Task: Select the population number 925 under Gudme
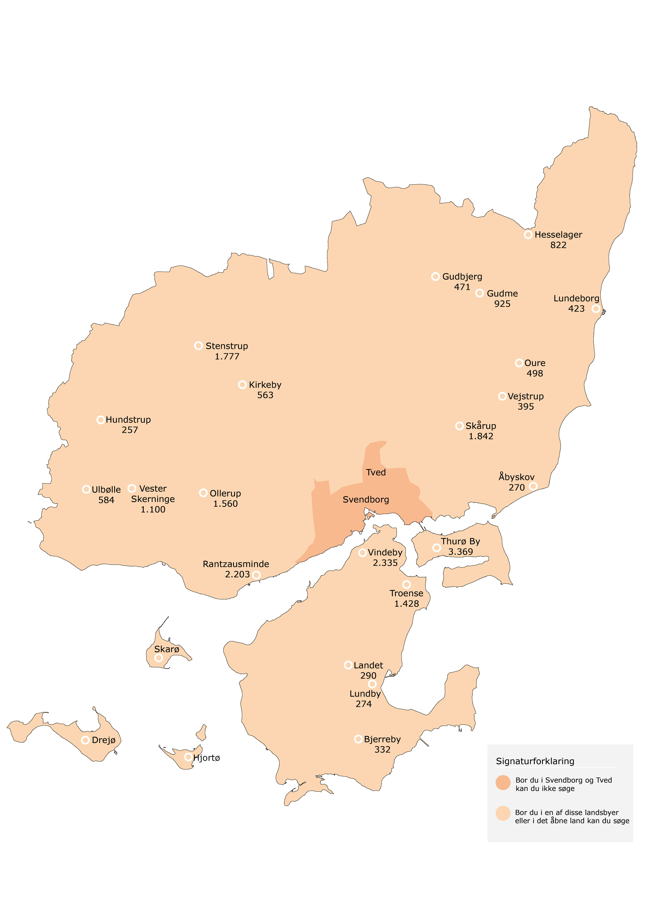click(x=502, y=304)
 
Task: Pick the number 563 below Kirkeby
click(x=265, y=395)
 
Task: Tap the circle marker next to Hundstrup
click(x=101, y=420)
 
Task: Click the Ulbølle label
click(x=106, y=490)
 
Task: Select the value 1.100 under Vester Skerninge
click(x=153, y=510)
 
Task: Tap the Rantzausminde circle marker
click(x=256, y=575)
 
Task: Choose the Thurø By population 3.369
click(x=460, y=552)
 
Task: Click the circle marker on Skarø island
click(x=159, y=658)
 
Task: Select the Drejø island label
click(x=104, y=740)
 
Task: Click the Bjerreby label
click(x=382, y=739)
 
